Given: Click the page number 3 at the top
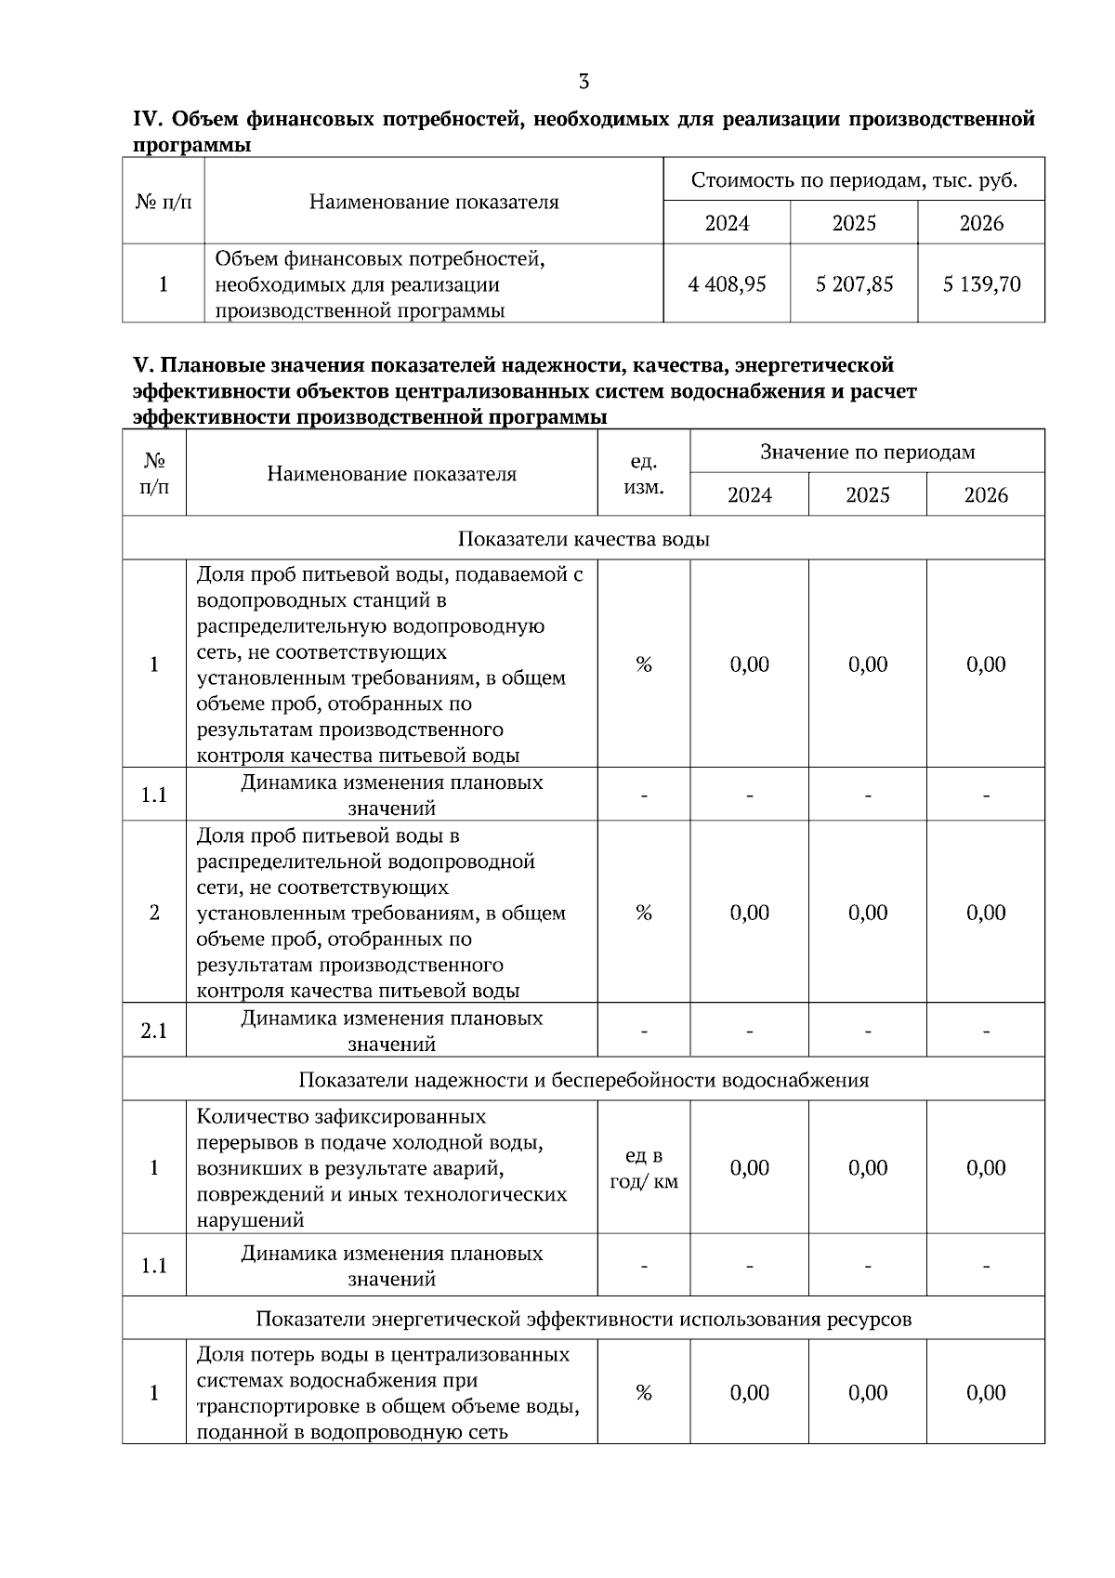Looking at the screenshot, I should [584, 82].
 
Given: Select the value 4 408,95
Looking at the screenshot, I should [727, 284].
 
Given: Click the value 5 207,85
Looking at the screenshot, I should [854, 284].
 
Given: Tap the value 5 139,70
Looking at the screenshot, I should [981, 284].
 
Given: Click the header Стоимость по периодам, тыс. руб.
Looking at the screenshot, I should [854, 180].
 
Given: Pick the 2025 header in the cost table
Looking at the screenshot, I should [854, 223].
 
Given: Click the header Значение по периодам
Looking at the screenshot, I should [867, 453].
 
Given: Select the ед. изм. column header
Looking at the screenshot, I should [644, 474].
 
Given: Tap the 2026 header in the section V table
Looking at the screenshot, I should [986, 495].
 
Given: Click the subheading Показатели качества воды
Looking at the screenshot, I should [584, 540].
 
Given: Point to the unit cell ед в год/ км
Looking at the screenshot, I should [644, 1168].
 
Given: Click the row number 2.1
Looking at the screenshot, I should [154, 1031].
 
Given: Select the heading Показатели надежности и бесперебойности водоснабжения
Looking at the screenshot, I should [584, 1080].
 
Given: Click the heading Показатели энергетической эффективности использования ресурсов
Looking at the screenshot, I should [584, 1319].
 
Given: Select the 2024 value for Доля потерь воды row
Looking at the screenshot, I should [749, 1392].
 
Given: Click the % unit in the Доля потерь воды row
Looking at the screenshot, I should [644, 1392].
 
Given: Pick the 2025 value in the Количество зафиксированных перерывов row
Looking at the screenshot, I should [867, 1168].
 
